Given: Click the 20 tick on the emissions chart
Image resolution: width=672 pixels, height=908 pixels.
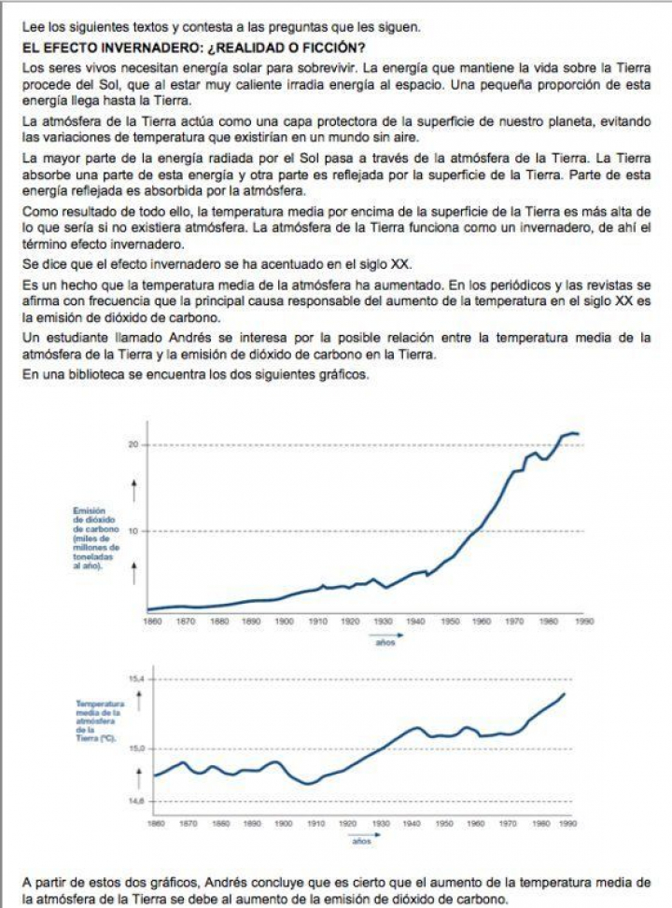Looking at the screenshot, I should (133, 445).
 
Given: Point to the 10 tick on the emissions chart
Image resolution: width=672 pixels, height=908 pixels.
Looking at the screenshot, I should (133, 531).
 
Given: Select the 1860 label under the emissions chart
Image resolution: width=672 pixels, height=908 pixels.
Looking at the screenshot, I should (152, 621).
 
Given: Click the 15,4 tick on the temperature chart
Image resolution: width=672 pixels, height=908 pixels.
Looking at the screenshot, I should (135, 678).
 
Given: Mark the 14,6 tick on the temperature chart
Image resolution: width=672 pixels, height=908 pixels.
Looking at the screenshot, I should (135, 802).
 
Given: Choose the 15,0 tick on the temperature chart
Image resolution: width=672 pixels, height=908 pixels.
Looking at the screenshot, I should (135, 748).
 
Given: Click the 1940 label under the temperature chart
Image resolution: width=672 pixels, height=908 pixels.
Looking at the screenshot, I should (413, 824).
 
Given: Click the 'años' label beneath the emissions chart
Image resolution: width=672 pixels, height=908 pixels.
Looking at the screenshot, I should (385, 642).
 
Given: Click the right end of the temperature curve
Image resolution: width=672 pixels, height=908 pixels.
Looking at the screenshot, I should (565, 694).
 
